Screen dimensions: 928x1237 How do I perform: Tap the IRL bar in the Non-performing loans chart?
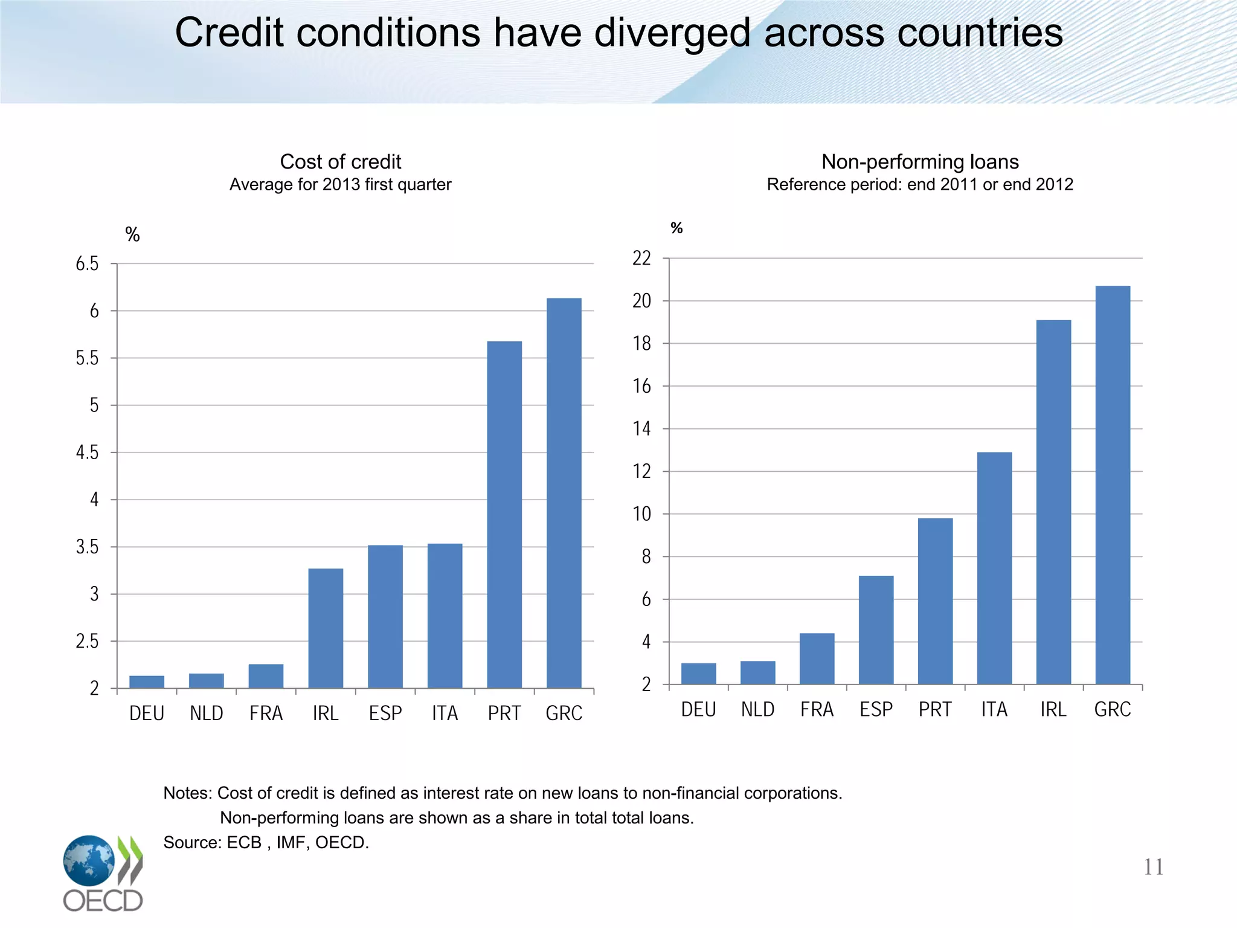click(1053, 501)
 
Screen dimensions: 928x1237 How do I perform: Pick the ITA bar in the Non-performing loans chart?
click(994, 568)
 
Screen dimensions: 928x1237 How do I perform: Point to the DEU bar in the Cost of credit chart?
click(147, 681)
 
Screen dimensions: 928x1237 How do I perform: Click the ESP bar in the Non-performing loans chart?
click(876, 630)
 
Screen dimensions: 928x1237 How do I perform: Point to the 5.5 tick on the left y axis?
click(87, 358)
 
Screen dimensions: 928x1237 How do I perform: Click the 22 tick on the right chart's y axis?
click(641, 259)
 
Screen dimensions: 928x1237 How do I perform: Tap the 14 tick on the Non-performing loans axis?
click(641, 429)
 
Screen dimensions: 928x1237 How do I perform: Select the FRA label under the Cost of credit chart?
click(266, 714)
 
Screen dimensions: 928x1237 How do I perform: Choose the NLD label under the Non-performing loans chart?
click(757, 709)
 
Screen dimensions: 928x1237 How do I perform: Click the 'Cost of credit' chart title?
click(340, 162)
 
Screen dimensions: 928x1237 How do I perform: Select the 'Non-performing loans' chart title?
click(919, 162)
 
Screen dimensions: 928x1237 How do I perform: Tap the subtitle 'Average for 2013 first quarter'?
click(340, 184)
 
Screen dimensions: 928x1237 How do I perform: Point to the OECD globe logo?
click(89, 860)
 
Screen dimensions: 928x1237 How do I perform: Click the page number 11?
click(1153, 867)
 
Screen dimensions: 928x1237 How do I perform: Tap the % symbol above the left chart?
click(132, 234)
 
